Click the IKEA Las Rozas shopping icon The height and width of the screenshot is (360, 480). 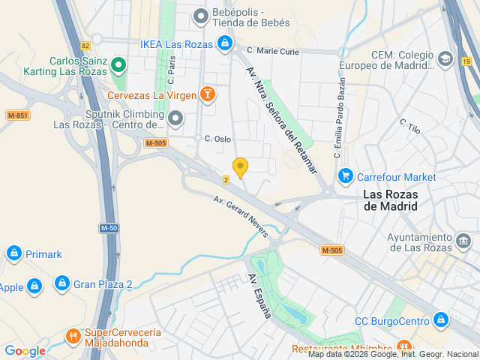point(224,44)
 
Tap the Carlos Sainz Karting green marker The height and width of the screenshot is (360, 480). point(118,67)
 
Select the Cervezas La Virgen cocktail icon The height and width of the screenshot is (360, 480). point(207,94)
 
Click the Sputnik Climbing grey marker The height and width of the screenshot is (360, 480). point(175,118)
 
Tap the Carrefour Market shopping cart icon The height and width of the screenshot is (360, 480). point(345,176)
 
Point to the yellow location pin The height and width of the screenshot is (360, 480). point(240,167)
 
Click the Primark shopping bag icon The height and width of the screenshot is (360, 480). point(13,254)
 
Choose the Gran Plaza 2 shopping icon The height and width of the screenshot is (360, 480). point(62,284)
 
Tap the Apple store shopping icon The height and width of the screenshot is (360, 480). point(34,286)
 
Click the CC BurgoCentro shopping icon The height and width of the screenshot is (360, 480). point(441,320)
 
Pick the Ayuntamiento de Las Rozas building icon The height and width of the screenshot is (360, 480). point(463,241)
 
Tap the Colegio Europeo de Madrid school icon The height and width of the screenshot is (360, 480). point(445,59)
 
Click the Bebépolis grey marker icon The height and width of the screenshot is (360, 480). point(200,15)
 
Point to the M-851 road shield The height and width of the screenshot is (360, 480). point(17,115)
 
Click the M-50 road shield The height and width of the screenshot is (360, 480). point(109,227)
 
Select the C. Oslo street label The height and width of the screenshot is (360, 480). point(217,139)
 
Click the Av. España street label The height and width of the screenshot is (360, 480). point(259,295)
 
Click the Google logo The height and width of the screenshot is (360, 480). point(25,350)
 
